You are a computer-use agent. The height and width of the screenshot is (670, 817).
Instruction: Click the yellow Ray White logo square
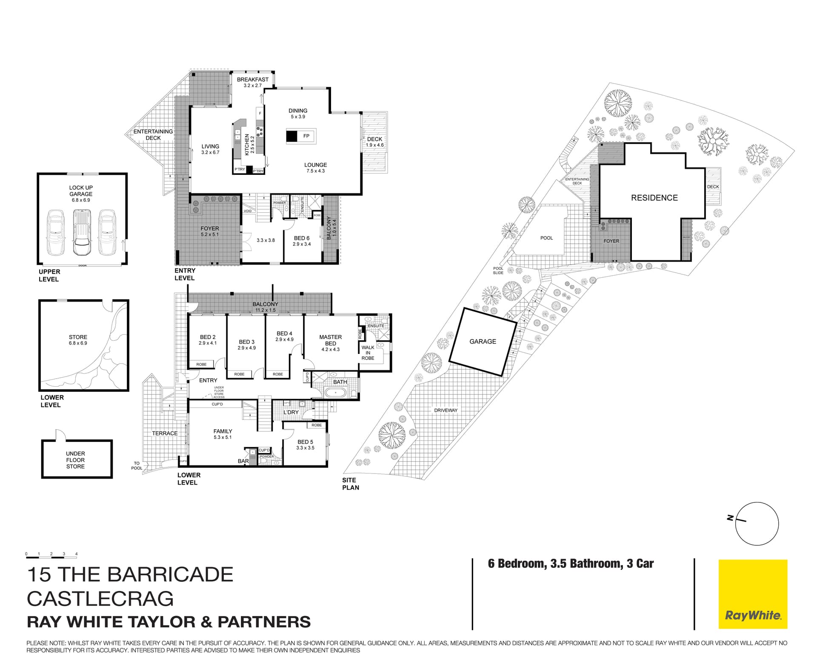tap(753, 594)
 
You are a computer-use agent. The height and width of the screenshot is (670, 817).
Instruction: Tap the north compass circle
tap(757, 524)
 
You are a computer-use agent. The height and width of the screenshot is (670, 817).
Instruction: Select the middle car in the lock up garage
tap(82, 232)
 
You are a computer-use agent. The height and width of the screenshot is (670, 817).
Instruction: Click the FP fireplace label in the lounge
tap(306, 136)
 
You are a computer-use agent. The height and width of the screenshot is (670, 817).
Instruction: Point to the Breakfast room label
tap(253, 80)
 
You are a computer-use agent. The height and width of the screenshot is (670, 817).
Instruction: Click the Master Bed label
tap(330, 340)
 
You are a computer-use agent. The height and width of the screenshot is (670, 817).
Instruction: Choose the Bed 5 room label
tap(305, 442)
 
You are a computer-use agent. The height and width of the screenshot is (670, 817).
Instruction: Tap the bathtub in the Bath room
tap(337, 392)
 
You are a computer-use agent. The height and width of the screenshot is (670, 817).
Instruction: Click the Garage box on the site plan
tap(483, 342)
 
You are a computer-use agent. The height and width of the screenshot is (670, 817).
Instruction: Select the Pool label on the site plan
tap(546, 238)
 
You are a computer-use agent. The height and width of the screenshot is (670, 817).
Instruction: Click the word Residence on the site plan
tap(654, 198)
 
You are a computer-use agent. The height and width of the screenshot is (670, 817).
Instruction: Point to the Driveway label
tap(446, 411)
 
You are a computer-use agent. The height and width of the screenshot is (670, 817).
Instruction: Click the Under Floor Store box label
tap(75, 460)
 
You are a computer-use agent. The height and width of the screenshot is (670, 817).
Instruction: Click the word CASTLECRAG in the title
tap(100, 599)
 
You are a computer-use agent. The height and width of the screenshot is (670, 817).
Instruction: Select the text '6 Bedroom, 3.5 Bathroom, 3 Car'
tap(571, 564)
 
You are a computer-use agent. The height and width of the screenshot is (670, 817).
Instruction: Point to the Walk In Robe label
tap(368, 353)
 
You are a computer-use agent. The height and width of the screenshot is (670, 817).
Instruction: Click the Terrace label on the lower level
tap(165, 433)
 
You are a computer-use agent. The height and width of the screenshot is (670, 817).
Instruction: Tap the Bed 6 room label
tap(302, 238)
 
